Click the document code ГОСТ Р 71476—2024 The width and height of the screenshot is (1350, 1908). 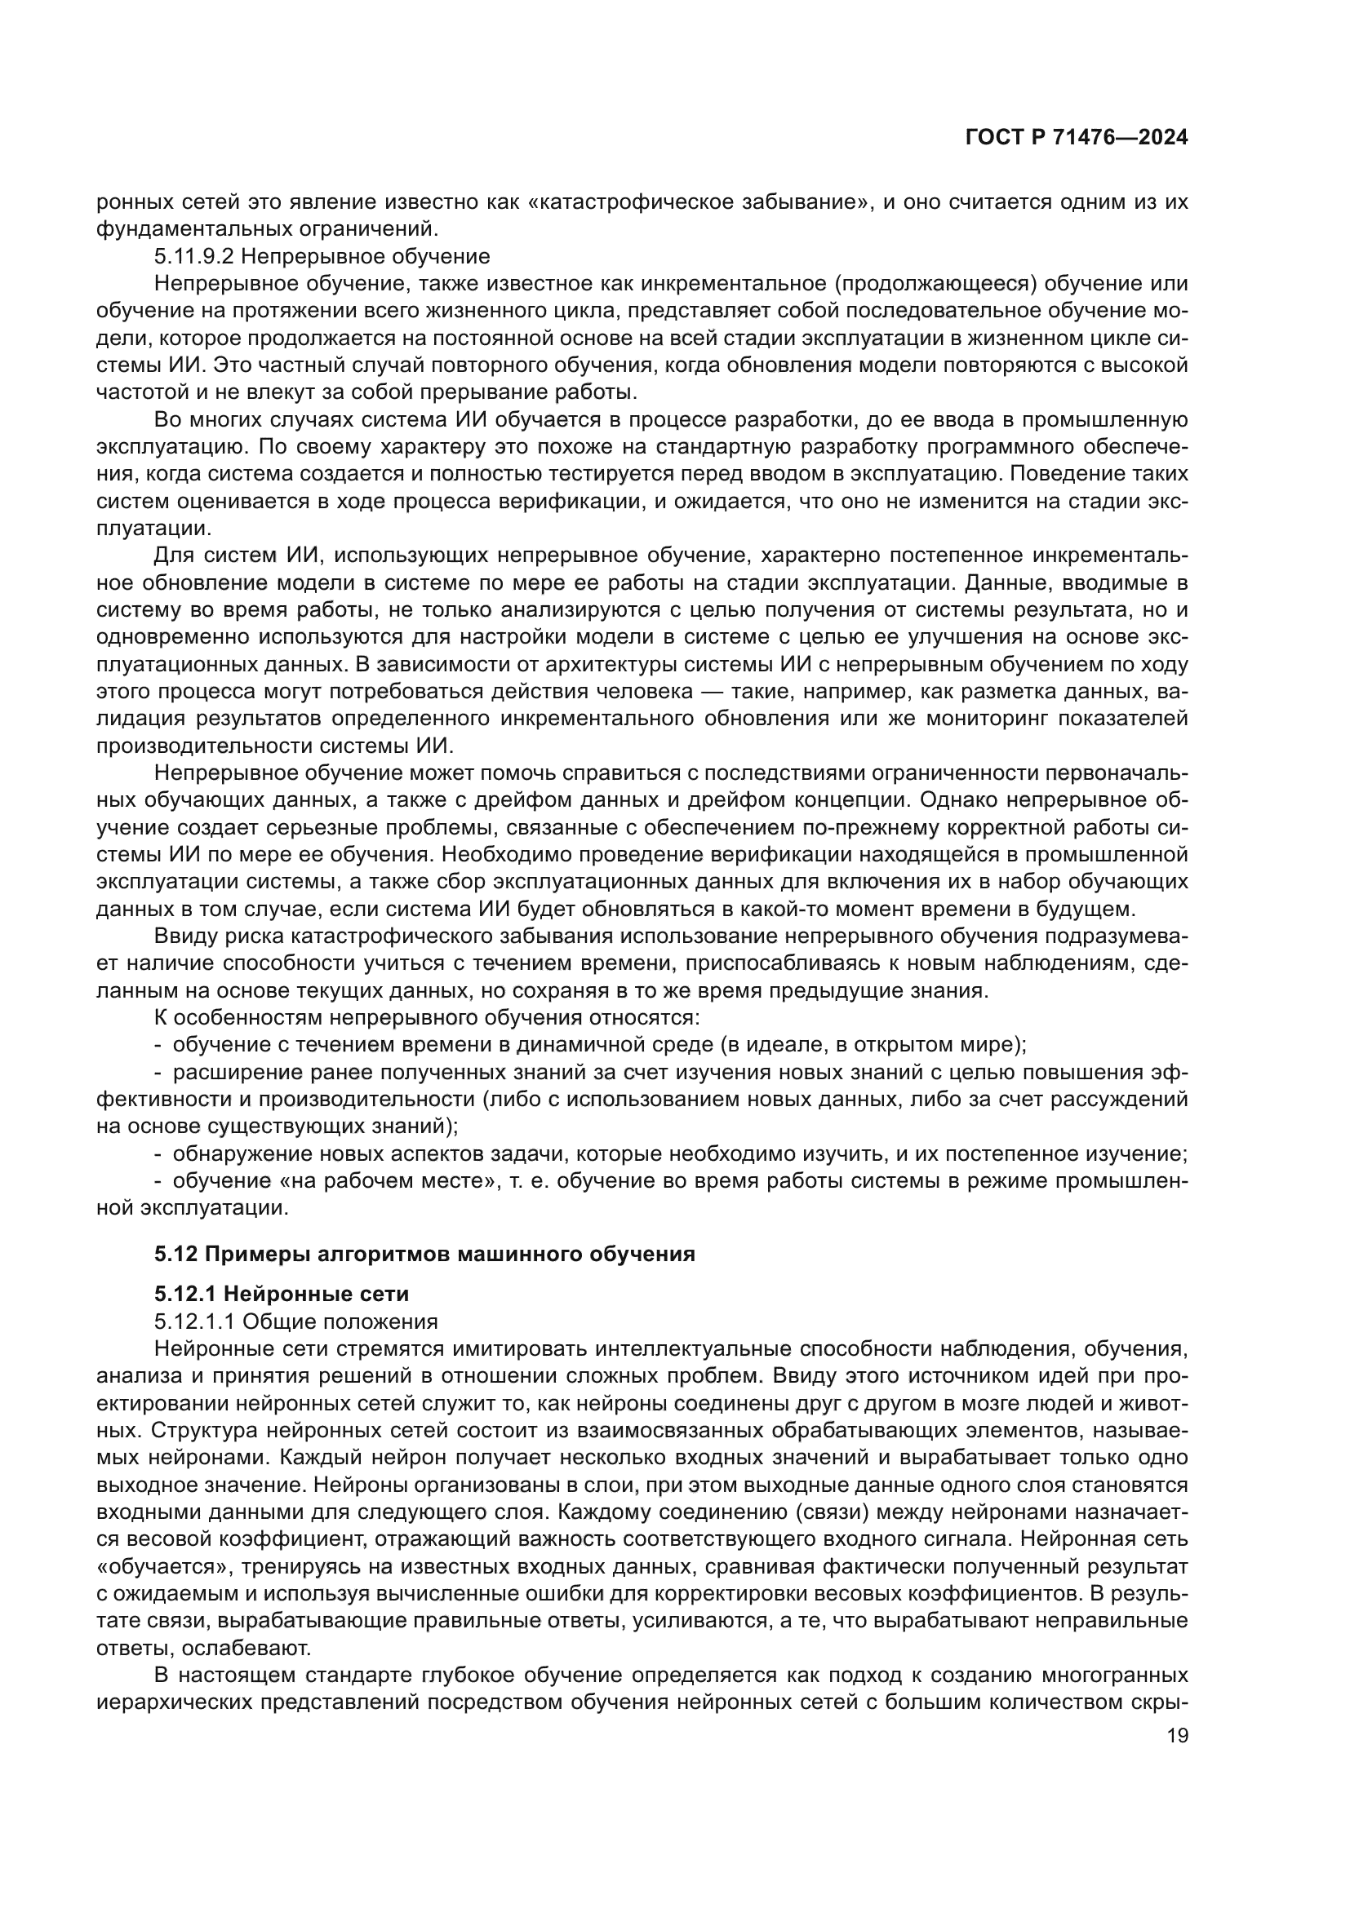coord(1077,138)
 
